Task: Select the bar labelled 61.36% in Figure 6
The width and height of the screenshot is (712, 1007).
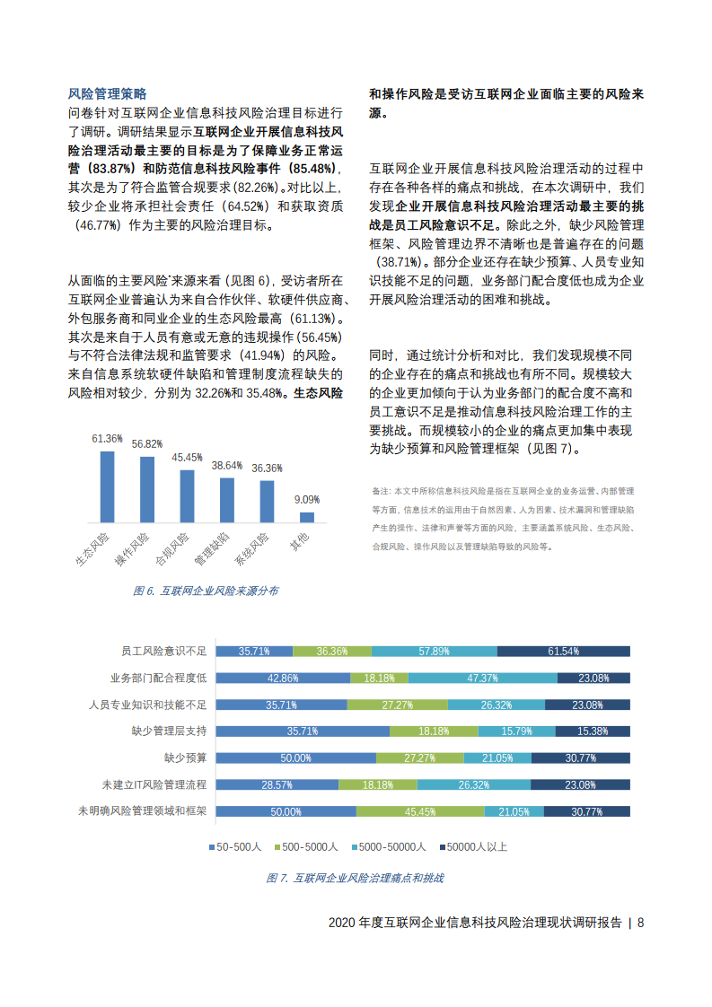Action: tap(107, 486)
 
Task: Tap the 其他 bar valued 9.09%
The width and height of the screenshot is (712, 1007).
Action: tap(307, 516)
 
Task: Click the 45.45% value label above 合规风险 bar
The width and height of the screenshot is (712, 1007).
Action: tap(187, 458)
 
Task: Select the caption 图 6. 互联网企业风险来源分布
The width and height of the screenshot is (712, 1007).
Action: tap(206, 591)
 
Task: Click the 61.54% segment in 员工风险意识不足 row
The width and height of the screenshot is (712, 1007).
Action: tap(563, 652)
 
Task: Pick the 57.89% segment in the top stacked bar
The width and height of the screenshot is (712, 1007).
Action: tap(434, 652)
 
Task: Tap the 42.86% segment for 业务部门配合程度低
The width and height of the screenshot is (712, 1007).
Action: tap(282, 679)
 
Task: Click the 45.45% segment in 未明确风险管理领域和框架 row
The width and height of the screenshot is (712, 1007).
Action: tap(420, 811)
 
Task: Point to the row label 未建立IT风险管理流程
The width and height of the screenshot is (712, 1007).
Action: tap(154, 784)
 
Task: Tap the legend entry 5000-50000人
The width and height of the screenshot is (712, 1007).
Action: tap(389, 846)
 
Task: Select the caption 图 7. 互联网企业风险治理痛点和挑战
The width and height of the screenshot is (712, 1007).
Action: tap(355, 878)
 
